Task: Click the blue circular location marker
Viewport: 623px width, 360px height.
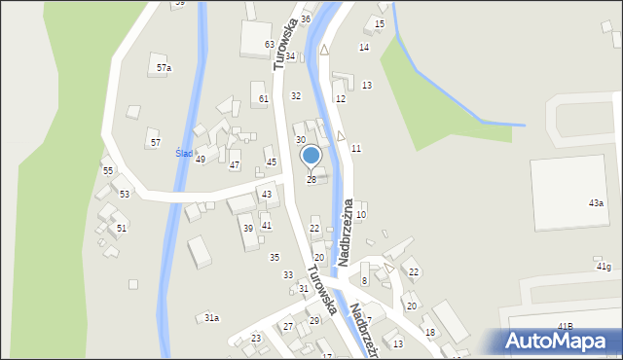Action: tap(311, 155)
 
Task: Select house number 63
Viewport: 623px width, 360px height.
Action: tap(270, 45)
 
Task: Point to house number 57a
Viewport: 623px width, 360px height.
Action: tap(164, 68)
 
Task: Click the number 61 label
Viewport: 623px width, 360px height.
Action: tap(263, 99)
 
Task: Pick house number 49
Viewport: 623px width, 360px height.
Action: tap(201, 159)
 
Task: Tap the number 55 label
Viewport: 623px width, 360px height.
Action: tap(108, 171)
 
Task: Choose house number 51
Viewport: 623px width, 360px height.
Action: tap(122, 228)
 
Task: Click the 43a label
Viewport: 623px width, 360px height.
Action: tap(596, 202)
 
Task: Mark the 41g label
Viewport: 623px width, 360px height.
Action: tap(604, 267)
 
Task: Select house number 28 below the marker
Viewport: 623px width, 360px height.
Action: tap(311, 180)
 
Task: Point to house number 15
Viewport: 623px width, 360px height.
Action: tap(380, 23)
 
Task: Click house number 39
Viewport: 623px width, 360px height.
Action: tap(248, 229)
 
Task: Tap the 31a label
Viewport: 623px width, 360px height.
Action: tap(211, 318)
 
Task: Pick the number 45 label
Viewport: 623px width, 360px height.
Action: tap(272, 162)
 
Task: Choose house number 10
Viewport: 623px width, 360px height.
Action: tap(361, 214)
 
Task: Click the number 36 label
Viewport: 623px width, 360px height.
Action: tap(306, 19)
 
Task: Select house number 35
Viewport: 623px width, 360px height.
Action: tap(275, 257)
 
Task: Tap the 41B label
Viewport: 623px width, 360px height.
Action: tap(565, 325)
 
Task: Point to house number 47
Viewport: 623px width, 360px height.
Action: tap(234, 165)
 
